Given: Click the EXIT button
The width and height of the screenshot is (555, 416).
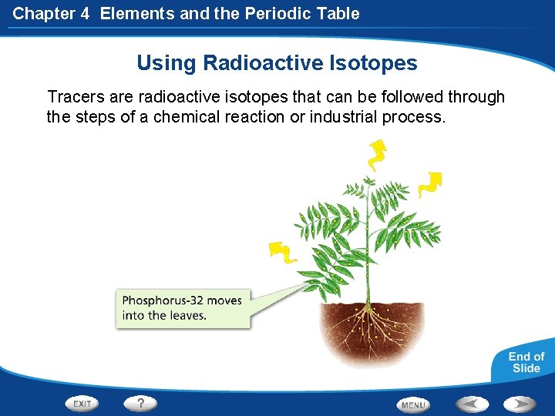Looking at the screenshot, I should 83,403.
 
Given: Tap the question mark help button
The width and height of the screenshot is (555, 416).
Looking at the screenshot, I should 140,403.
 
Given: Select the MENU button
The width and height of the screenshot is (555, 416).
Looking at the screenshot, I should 413,404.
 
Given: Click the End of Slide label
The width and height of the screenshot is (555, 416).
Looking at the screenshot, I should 526,362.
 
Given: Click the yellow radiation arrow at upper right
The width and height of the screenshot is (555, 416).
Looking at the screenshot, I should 429,185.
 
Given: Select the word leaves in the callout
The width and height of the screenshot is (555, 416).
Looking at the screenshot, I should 188,315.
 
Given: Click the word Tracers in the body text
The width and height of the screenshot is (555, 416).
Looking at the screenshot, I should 75,97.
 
